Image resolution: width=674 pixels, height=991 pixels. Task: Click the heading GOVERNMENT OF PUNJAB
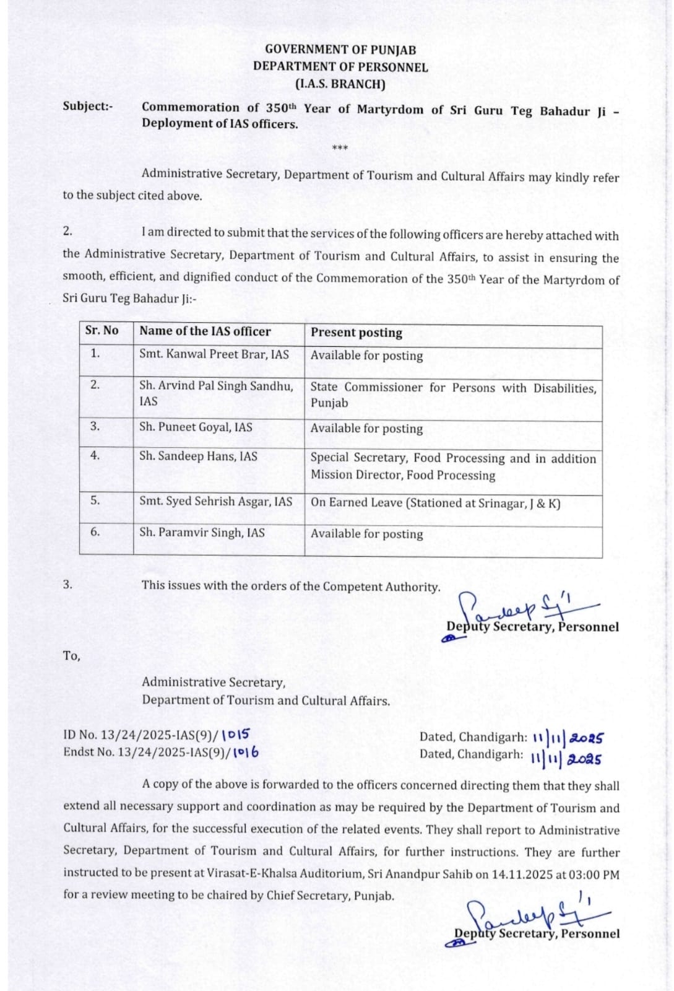[340, 50]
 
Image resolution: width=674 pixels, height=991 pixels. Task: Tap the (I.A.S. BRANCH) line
[340, 84]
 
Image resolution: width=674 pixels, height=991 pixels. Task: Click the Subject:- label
[88, 106]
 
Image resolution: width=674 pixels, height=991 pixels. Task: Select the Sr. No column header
[102, 331]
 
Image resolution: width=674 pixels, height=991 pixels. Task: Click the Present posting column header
[356, 333]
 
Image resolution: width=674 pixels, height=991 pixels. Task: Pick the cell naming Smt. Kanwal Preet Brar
[214, 354]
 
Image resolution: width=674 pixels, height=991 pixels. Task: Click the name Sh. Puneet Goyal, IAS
[196, 427]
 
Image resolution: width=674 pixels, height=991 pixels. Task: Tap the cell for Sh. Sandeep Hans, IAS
[198, 456]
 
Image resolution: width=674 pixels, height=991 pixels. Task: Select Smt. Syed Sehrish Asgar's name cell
[215, 501]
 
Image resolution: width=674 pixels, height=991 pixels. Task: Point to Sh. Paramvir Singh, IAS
[202, 532]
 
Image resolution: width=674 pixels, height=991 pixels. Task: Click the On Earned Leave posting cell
[435, 503]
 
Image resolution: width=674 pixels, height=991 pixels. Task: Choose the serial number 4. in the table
[95, 455]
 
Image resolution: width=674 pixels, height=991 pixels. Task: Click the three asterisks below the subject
[340, 148]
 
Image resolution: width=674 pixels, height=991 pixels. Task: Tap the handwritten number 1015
[235, 735]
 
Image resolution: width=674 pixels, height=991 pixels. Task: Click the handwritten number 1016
[246, 753]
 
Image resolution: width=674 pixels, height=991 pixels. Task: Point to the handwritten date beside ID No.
[568, 738]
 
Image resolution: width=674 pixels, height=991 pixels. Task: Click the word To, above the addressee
[72, 655]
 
